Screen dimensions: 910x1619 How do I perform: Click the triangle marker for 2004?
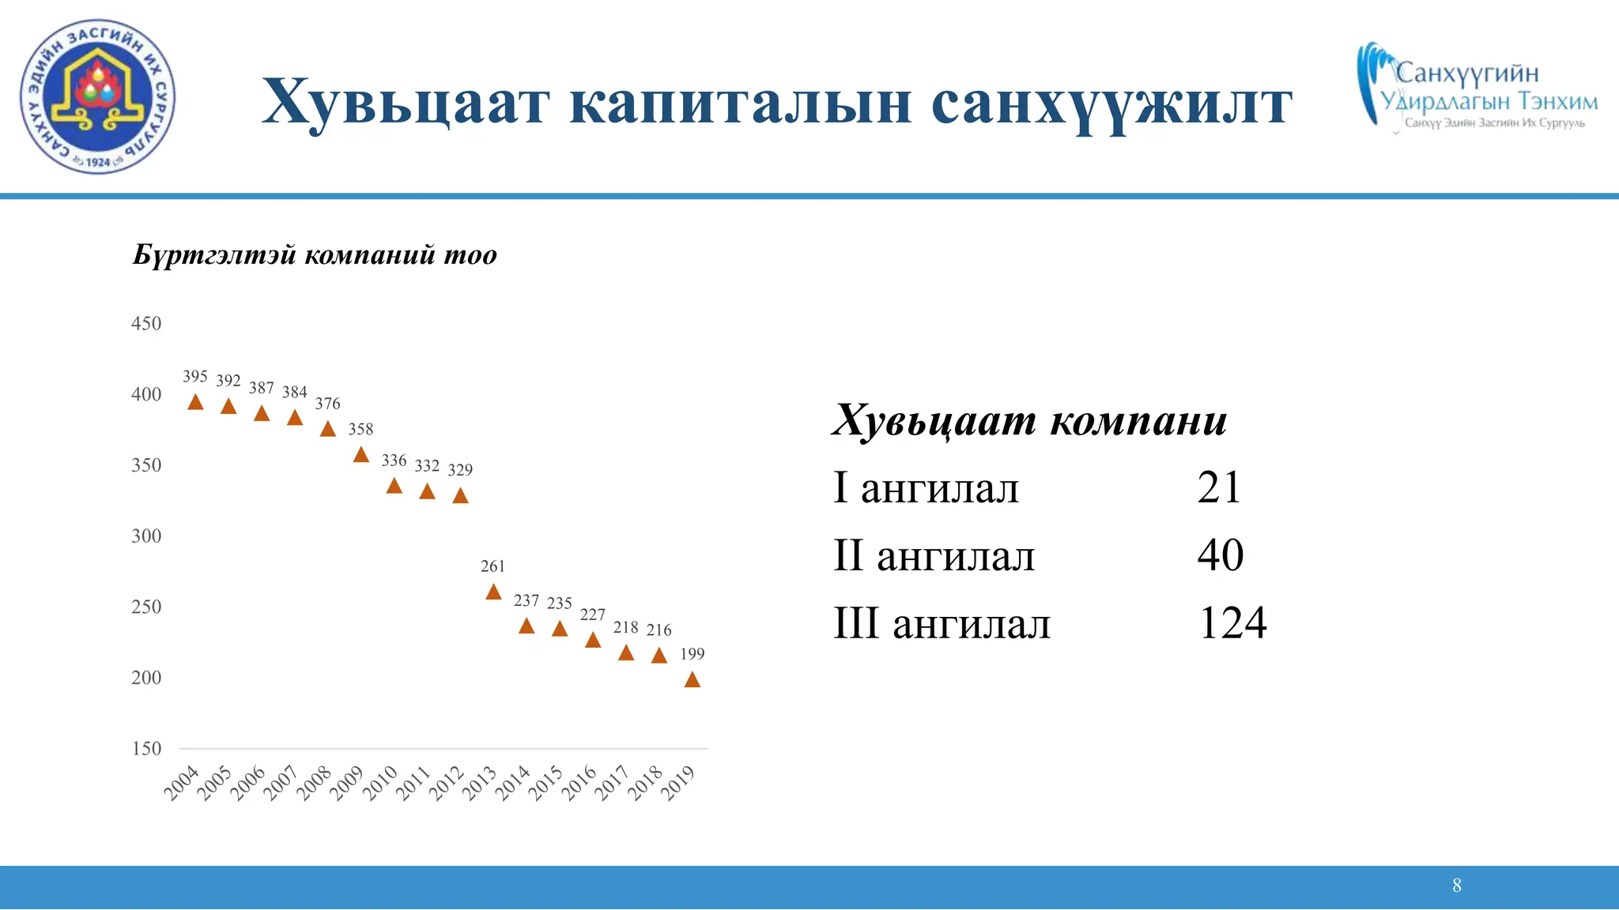[x=195, y=403]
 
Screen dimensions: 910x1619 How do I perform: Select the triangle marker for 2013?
[x=493, y=592]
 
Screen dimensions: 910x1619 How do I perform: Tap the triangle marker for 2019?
[x=692, y=679]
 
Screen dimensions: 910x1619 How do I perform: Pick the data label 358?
[x=360, y=429]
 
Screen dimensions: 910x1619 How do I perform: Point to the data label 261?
[x=492, y=566]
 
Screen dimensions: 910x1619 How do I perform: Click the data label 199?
[x=692, y=654]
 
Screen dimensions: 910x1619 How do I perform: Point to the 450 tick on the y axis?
[x=146, y=324]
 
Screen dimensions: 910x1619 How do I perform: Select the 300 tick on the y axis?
[x=146, y=536]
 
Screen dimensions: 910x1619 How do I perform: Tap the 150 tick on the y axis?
[x=146, y=749]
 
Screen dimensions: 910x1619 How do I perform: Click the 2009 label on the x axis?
[x=346, y=783]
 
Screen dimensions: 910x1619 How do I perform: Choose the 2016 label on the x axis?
[x=579, y=783]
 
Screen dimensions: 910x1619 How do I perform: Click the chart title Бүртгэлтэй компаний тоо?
[x=315, y=255]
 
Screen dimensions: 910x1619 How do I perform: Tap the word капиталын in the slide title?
[x=740, y=103]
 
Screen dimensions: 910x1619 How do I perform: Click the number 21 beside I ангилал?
[x=1219, y=487]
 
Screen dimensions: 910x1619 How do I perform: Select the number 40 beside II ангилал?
[x=1221, y=555]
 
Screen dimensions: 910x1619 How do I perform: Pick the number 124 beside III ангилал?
[x=1232, y=623]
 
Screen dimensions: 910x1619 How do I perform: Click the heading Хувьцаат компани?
[x=1029, y=420]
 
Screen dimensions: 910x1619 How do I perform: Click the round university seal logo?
[x=97, y=96]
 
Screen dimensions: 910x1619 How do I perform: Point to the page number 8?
[x=1457, y=886]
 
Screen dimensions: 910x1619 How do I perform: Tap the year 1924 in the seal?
[x=98, y=162]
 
